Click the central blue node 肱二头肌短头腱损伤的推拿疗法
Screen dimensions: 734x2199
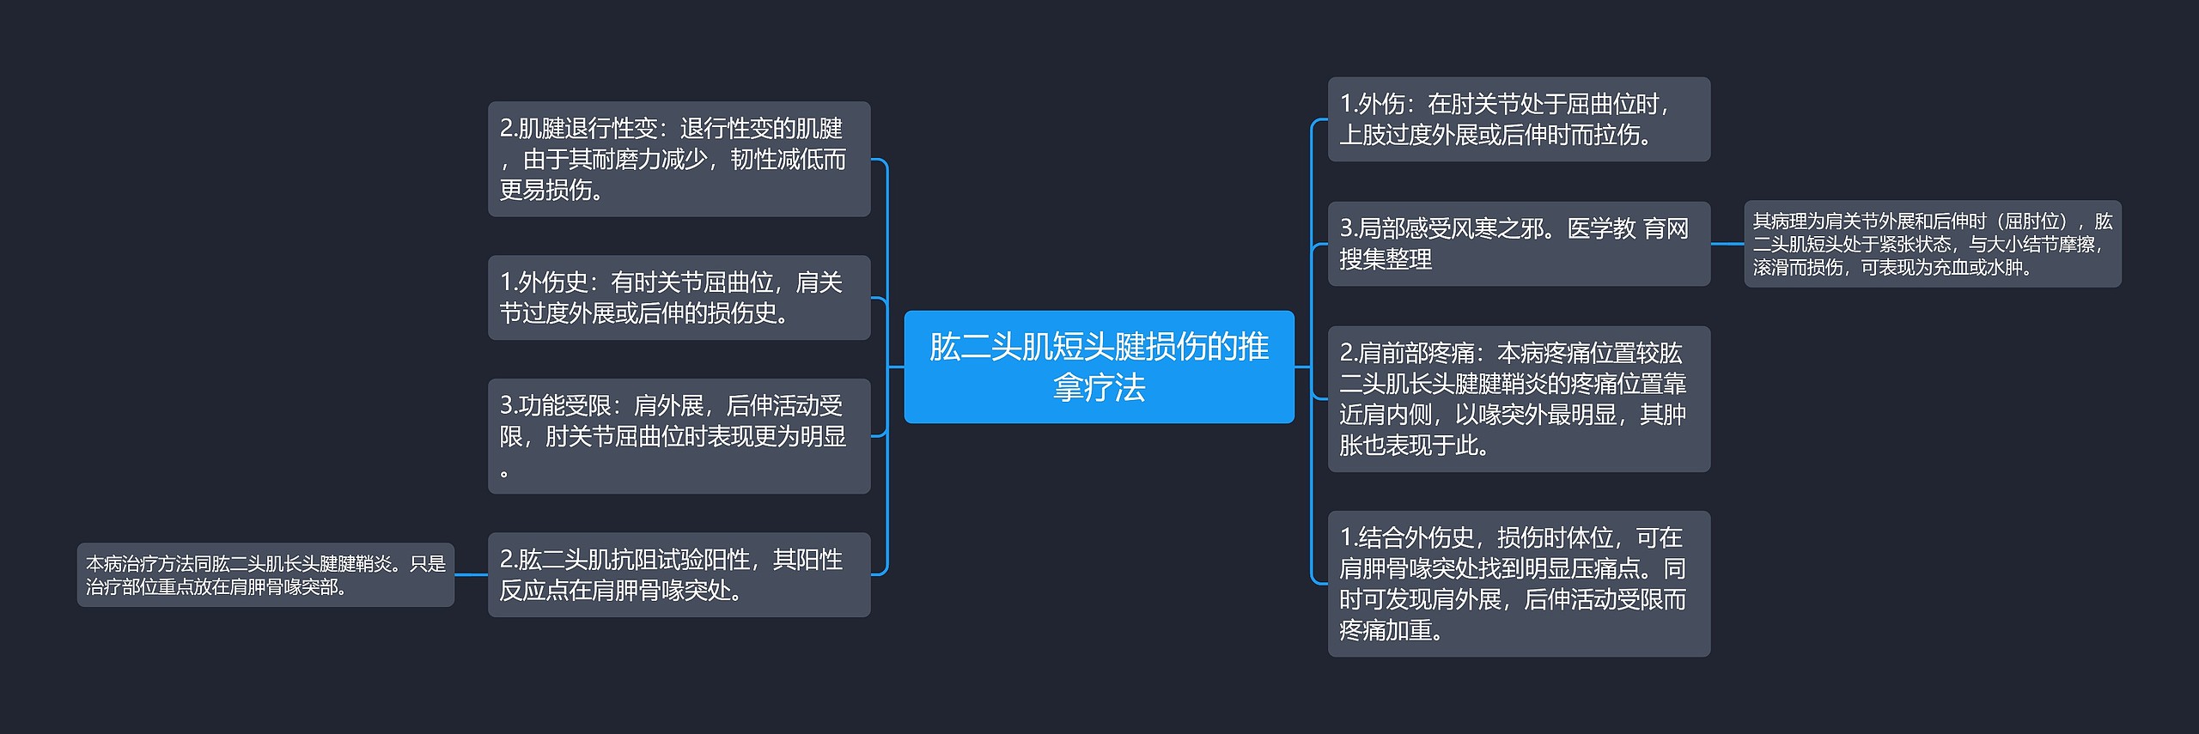pos(1099,367)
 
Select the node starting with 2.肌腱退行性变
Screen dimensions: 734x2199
pos(679,159)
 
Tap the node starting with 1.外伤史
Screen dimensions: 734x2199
pos(679,297)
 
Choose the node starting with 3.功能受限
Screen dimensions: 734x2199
pos(679,436)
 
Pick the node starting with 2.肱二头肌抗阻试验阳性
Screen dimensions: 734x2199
pos(679,574)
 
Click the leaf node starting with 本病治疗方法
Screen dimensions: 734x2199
pos(265,574)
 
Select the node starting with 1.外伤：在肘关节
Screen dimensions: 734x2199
pos(1519,119)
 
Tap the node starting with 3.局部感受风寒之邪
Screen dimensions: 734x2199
pos(1519,244)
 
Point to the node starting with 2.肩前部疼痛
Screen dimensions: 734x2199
pos(1519,399)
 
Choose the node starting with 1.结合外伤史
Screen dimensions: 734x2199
pos(1519,584)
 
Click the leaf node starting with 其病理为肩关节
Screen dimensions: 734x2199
pos(1932,244)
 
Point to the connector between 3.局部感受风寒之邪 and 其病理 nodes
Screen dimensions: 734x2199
pos(1727,244)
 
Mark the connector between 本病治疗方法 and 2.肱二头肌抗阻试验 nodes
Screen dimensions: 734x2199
pos(471,574)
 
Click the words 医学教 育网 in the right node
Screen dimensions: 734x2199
pos(1628,228)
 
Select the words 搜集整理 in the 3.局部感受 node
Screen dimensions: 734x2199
pos(1386,259)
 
